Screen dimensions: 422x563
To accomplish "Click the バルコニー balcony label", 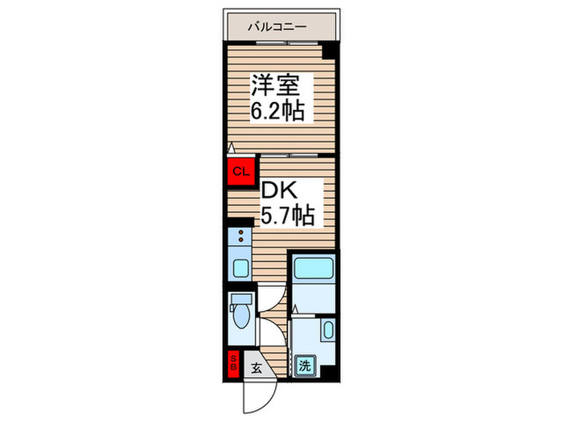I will [277, 27].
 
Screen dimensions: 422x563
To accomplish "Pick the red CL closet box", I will [240, 170].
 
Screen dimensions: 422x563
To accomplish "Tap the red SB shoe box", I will [234, 363].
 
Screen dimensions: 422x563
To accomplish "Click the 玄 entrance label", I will [256, 369].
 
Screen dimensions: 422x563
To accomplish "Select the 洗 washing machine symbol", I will [306, 365].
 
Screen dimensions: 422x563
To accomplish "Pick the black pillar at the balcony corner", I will [329, 51].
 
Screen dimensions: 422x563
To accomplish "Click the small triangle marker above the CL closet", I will [231, 149].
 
